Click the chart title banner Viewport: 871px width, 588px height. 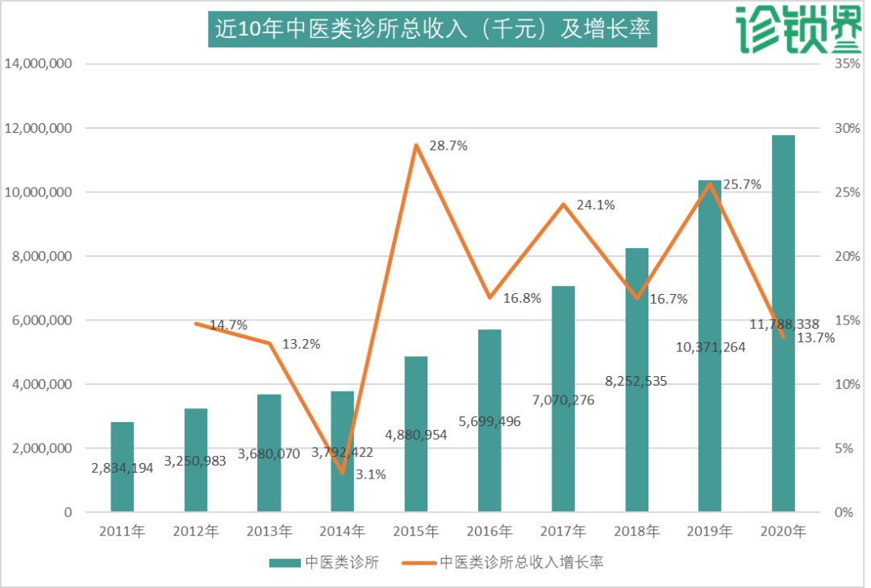pos(432,29)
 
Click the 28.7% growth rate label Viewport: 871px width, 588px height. pos(449,146)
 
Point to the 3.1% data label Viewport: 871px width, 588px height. pos(370,474)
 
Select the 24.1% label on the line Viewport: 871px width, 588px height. pos(596,205)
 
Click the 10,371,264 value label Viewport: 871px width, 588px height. pos(710,347)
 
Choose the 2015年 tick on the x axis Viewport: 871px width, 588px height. pos(415,532)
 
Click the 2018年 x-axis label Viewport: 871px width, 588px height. pos(636,532)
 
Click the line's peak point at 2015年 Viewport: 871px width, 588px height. pos(416,146)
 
